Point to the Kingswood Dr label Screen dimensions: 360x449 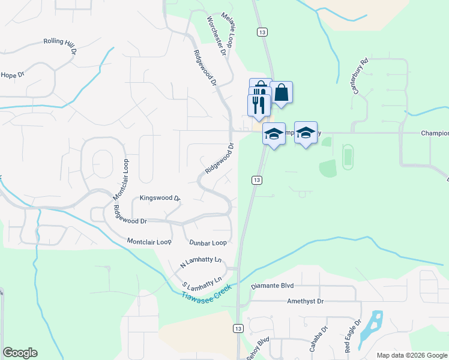pyautogui.click(x=160, y=197)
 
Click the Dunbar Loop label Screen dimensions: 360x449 pyautogui.click(x=208, y=242)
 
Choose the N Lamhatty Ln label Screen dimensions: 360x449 pyautogui.click(x=201, y=262)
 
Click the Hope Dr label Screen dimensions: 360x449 pyautogui.click(x=12, y=75)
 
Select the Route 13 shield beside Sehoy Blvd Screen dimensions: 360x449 pyautogui.click(x=238, y=328)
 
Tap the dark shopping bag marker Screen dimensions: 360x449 pyautogui.click(x=281, y=93)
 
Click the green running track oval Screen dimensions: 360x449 pyautogui.click(x=348, y=157)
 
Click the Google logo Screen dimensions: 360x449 pyautogui.click(x=20, y=353)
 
